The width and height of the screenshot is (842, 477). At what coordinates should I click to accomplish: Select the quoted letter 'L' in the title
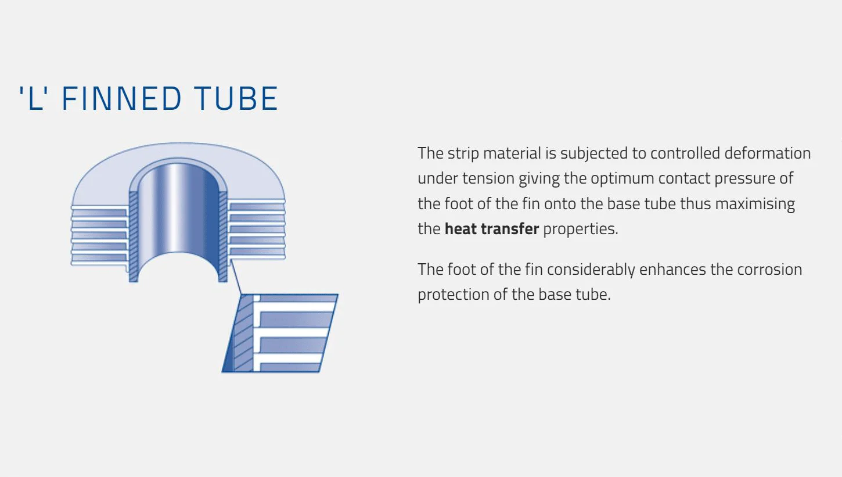pyautogui.click(x=34, y=99)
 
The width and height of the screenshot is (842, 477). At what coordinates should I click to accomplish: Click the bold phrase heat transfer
pyautogui.click(x=492, y=229)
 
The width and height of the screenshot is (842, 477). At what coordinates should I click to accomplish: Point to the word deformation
pyautogui.click(x=767, y=153)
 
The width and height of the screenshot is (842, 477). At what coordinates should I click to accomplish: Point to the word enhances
pyautogui.click(x=672, y=270)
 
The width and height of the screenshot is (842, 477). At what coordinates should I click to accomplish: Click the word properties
pyautogui.click(x=580, y=229)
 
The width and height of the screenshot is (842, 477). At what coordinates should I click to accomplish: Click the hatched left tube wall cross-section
pyautogui.click(x=134, y=236)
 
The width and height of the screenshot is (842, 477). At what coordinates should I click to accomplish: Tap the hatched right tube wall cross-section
pyautogui.click(x=223, y=236)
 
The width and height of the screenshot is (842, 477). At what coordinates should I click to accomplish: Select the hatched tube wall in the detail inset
pyautogui.click(x=243, y=333)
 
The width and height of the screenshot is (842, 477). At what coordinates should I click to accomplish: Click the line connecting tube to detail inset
pyautogui.click(x=236, y=277)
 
